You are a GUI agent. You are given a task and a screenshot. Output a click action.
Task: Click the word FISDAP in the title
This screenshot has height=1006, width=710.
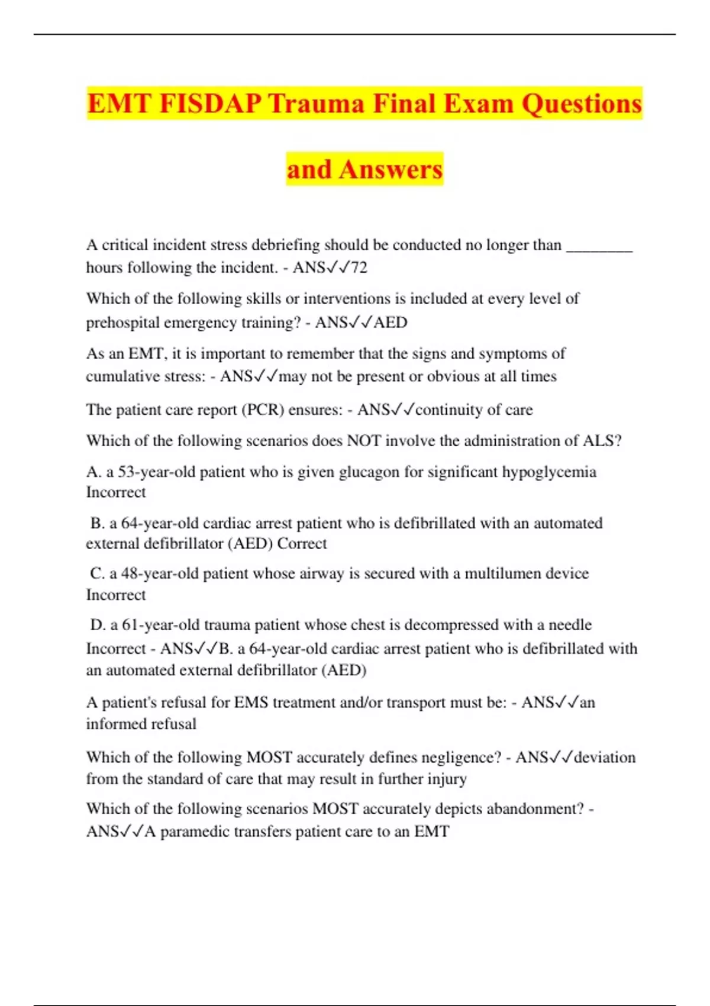click(210, 104)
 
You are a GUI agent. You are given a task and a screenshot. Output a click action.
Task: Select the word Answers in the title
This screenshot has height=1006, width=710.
click(390, 169)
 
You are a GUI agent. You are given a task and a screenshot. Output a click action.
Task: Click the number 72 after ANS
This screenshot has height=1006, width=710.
click(359, 267)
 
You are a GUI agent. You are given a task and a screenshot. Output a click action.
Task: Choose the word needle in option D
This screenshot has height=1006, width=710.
click(570, 625)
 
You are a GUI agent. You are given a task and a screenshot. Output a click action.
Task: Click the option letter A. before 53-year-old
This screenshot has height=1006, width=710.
click(93, 472)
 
